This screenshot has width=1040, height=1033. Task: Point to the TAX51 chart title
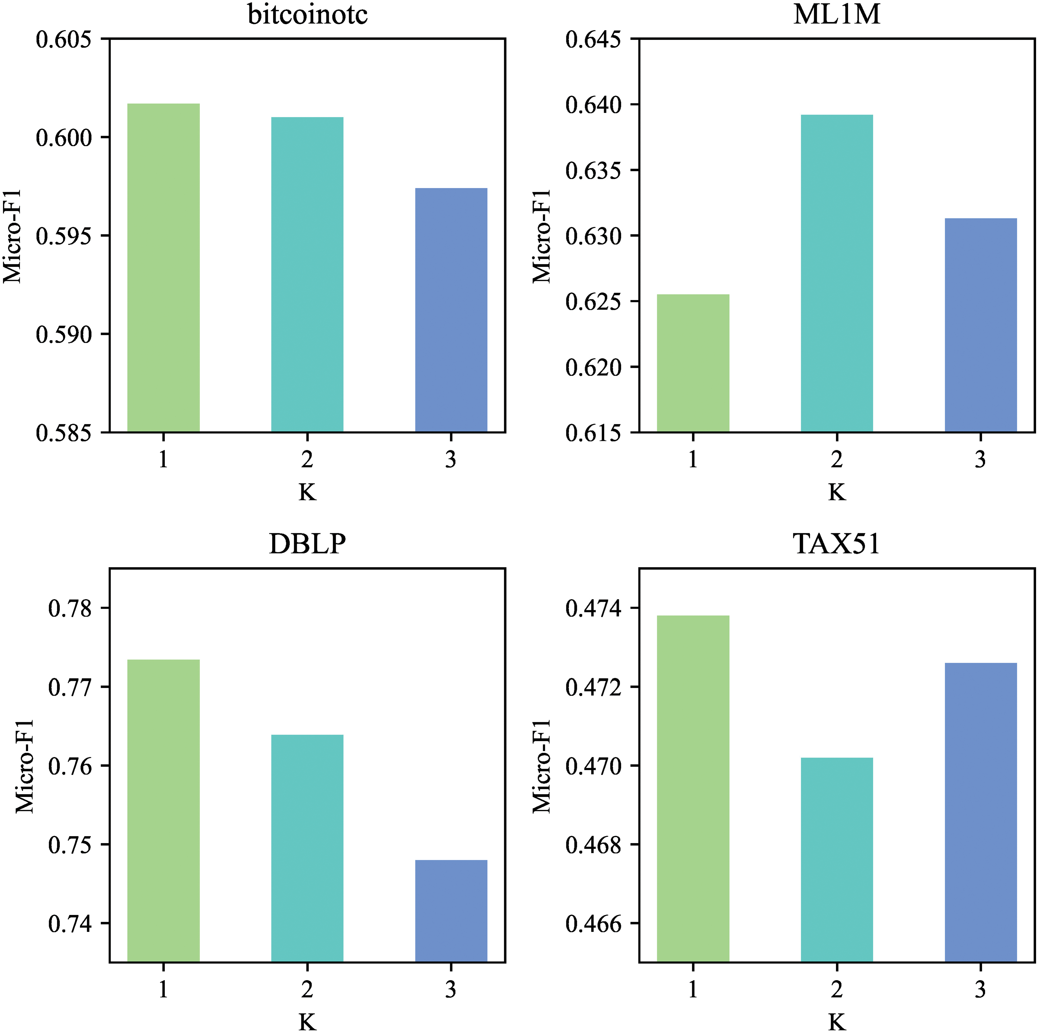837,544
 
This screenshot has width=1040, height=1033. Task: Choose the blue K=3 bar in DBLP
451,911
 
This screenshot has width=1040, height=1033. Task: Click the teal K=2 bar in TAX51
837,860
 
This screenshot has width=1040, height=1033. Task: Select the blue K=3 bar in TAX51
981,813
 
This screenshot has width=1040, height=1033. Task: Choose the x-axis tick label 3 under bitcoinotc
451,460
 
